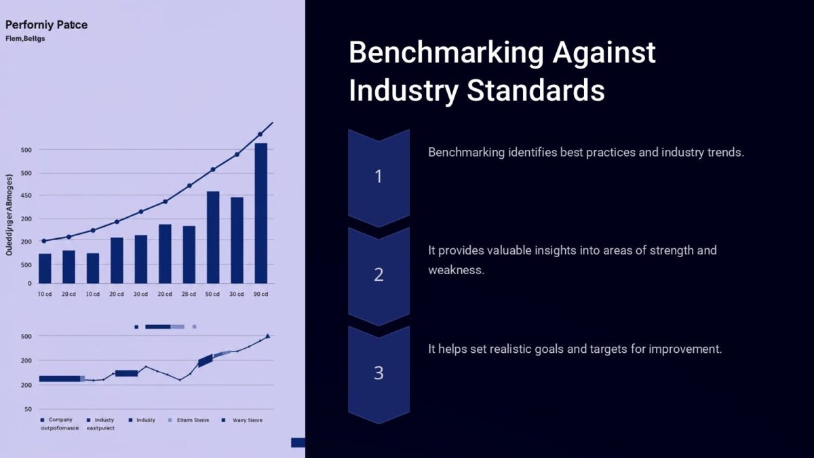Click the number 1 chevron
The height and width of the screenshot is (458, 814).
tap(379, 176)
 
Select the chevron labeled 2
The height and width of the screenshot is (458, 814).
tap(379, 275)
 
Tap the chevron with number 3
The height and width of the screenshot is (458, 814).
tap(379, 373)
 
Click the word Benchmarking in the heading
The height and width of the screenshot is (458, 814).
tap(444, 53)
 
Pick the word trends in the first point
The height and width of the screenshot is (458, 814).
tap(724, 152)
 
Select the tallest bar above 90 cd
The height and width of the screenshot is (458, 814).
tap(260, 213)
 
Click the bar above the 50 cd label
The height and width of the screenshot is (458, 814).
tap(213, 237)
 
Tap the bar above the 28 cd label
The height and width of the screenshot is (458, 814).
tap(189, 254)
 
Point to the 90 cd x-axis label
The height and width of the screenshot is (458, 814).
tap(260, 294)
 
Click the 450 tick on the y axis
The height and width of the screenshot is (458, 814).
tap(26, 195)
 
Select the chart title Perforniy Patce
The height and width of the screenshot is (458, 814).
tap(46, 25)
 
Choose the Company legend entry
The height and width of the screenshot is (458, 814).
tap(60, 420)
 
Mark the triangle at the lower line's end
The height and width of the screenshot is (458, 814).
tap(267, 335)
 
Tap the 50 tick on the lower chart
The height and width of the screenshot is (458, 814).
tap(28, 409)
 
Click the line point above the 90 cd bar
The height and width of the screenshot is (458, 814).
tap(260, 134)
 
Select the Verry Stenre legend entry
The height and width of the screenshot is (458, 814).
tap(246, 420)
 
